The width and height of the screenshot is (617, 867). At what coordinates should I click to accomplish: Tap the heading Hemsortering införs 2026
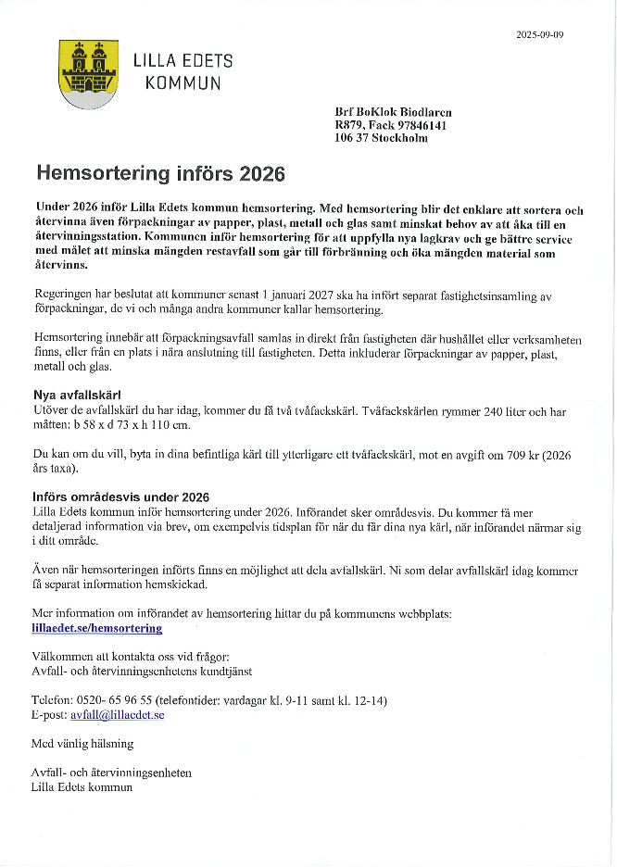pyautogui.click(x=160, y=173)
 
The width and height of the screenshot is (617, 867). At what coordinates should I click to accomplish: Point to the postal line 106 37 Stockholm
pyautogui.click(x=381, y=138)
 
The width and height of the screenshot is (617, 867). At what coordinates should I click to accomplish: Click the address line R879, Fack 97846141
pyautogui.click(x=391, y=125)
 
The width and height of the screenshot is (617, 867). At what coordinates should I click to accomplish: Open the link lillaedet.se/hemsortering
pyautogui.click(x=96, y=628)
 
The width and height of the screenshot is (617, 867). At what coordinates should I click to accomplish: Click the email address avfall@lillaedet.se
pyautogui.click(x=118, y=715)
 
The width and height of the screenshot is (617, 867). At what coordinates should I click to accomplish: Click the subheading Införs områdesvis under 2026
pyautogui.click(x=120, y=497)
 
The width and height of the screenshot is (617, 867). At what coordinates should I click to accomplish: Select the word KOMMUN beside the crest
pyautogui.click(x=183, y=83)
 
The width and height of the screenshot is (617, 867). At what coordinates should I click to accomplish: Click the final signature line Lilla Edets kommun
pyautogui.click(x=82, y=787)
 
